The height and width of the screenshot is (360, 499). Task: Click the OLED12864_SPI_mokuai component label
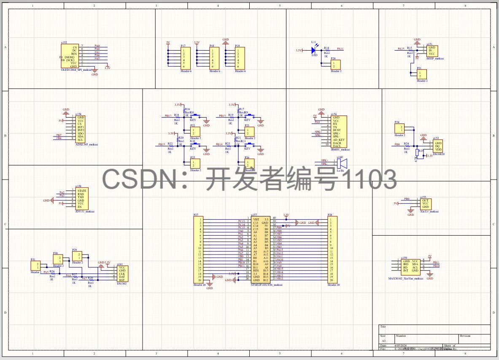76,70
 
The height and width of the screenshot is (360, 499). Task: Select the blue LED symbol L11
313,50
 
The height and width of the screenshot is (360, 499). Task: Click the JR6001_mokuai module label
340,149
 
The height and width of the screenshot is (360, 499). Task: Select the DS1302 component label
121,284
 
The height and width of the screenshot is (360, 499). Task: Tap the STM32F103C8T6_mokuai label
266,285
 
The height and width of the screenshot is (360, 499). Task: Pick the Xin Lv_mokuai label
429,212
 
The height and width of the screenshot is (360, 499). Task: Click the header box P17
185,58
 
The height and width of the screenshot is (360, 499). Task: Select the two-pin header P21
422,74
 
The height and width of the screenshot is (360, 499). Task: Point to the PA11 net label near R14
340,49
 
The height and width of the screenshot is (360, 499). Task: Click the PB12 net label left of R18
168,116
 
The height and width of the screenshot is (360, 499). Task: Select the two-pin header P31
34,266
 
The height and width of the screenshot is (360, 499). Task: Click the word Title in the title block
383,326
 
